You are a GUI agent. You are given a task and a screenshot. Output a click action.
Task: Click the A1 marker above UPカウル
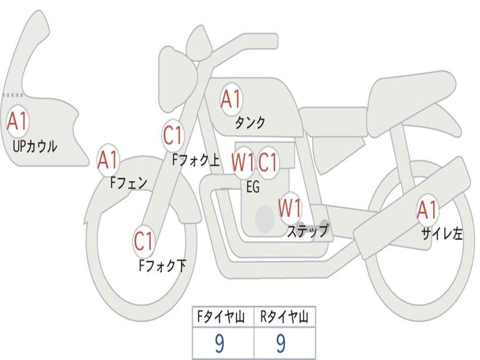click(x=18, y=121)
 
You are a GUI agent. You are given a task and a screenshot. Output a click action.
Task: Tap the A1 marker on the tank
click(x=231, y=99)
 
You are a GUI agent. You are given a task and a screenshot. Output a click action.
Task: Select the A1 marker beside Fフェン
click(x=108, y=160)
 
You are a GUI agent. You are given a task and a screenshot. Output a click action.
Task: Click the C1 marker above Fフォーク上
click(x=173, y=135)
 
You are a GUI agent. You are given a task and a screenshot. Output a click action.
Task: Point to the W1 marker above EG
click(x=243, y=162)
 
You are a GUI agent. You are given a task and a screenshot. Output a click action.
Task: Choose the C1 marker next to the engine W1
click(x=268, y=162)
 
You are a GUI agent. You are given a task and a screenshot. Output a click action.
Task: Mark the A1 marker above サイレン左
click(x=427, y=210)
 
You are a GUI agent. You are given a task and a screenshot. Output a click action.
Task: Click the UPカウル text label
click(x=35, y=146)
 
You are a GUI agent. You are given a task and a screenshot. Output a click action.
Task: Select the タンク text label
click(x=250, y=123)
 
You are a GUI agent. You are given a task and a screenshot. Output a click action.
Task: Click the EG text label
click(x=253, y=187)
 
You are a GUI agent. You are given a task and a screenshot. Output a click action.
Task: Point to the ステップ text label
click(x=307, y=231)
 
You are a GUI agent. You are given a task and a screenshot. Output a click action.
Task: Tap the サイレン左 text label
click(x=442, y=233)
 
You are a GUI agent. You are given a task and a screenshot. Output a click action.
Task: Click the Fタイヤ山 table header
click(x=221, y=316)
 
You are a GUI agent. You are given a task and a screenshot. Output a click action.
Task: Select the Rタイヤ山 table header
click(x=284, y=316)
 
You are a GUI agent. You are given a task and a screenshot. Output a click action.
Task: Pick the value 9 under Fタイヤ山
click(x=219, y=344)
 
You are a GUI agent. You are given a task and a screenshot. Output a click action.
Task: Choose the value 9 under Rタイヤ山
click(x=281, y=344)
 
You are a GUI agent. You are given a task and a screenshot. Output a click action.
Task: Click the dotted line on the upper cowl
click(x=13, y=95)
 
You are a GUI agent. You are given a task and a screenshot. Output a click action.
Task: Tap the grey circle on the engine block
click(x=265, y=219)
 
